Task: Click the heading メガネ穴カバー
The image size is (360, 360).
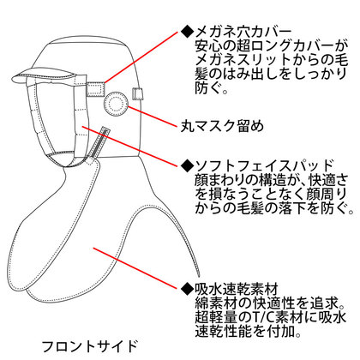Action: [x=243, y=32]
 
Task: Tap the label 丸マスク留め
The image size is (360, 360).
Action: [x=222, y=126]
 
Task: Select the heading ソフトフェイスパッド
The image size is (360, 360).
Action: [x=264, y=165]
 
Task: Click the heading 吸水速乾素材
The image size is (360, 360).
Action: [x=237, y=289]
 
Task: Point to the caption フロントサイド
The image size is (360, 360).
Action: [x=89, y=346]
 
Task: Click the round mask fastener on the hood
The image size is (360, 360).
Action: [x=116, y=105]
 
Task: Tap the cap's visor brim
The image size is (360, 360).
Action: [x=45, y=75]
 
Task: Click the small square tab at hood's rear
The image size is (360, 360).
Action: [x=137, y=94]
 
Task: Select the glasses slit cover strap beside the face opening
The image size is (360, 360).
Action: [x=96, y=89]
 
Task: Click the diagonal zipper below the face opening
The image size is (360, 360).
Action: [x=99, y=143]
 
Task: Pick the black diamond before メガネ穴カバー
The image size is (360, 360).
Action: [x=187, y=32]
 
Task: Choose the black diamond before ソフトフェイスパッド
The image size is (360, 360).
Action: [x=187, y=165]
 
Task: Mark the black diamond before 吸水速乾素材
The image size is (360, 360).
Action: [x=187, y=289]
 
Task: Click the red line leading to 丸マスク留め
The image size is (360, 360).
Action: [x=153, y=117]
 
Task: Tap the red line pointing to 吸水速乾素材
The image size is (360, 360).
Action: [x=135, y=268]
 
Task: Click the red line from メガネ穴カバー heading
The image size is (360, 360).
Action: [x=141, y=57]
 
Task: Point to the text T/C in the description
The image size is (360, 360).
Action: [x=256, y=317]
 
